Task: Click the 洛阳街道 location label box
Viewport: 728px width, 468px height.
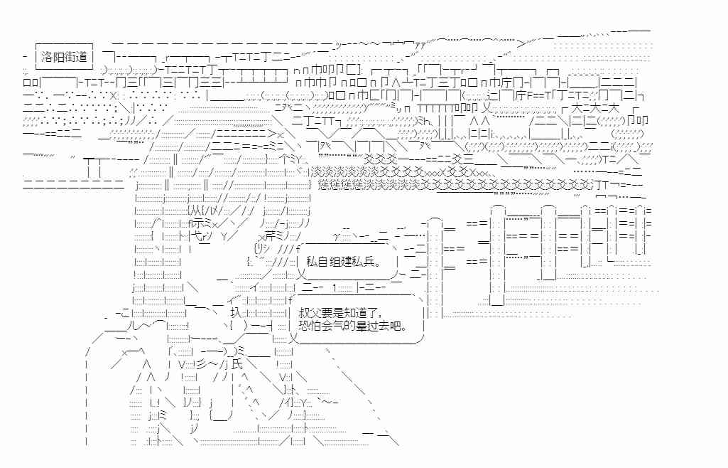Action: [x=65, y=55]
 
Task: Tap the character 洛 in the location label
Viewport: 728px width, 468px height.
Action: [x=48, y=55]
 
